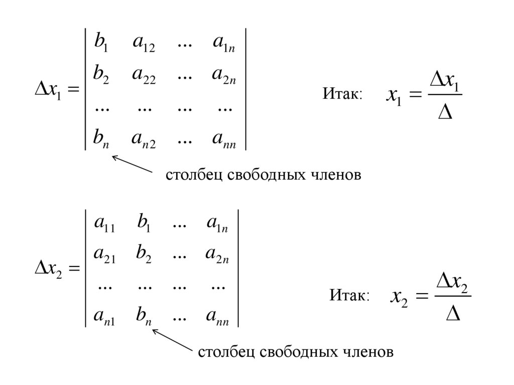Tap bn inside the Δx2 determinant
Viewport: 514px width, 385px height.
tap(144, 316)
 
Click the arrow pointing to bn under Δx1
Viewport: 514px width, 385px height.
tap(132, 165)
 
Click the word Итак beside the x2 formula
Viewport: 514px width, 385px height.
tap(349, 296)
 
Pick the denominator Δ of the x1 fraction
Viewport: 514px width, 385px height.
tap(445, 112)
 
